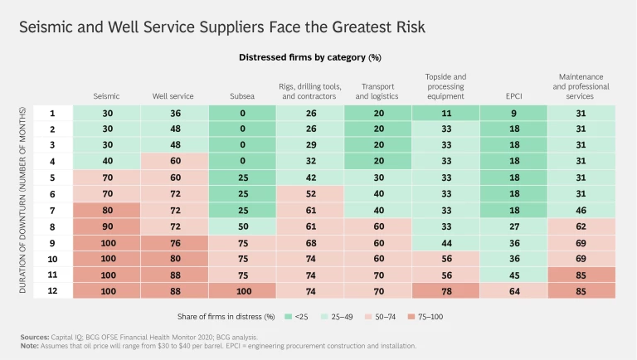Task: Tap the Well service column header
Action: (x=173, y=96)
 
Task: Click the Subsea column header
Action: (x=241, y=96)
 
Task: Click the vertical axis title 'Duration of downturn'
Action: (x=22, y=199)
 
